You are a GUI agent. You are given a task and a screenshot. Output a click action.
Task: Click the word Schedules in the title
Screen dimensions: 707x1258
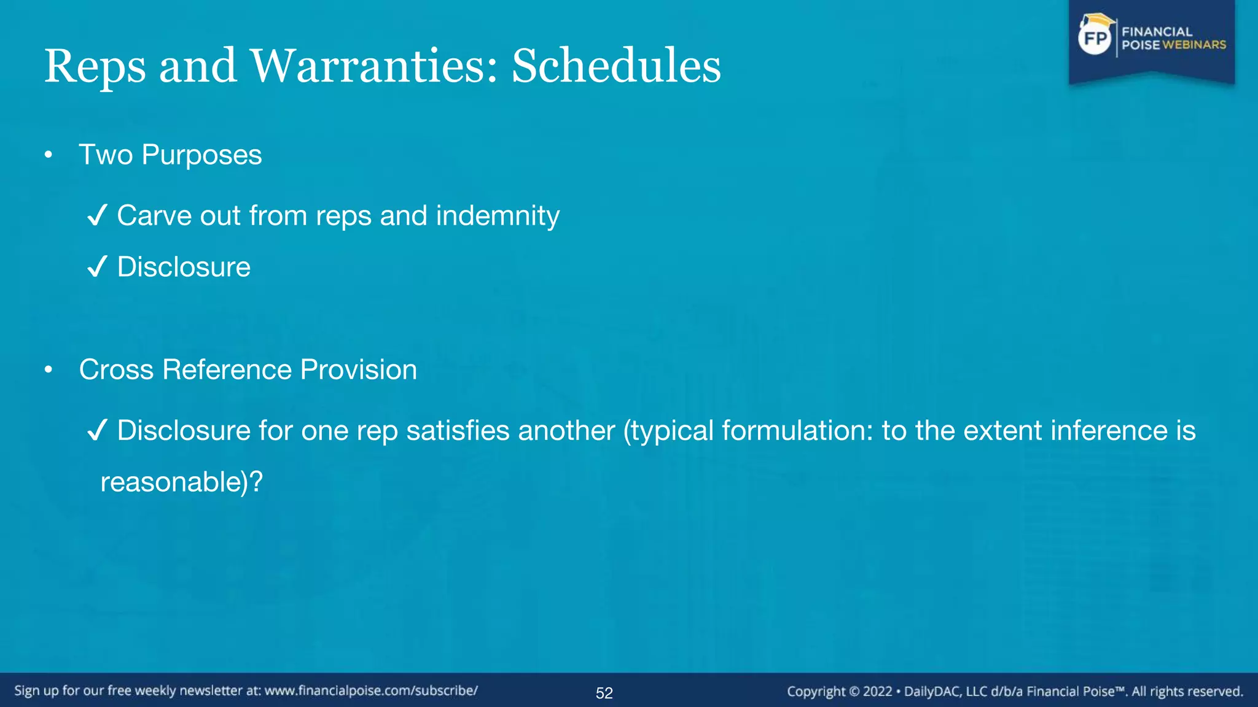coord(616,66)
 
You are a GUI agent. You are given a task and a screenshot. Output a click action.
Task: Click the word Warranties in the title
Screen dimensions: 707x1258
coord(373,66)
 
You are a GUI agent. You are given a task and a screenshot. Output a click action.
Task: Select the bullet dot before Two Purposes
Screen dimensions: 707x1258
coord(49,155)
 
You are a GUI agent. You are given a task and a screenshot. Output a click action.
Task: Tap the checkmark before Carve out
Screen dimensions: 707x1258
coord(97,216)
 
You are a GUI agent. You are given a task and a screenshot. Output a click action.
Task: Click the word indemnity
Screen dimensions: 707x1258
coord(498,216)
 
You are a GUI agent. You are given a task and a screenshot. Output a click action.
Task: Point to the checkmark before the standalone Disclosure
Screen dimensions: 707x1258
coord(97,267)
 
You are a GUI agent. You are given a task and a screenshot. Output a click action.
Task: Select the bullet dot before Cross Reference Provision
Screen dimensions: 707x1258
coord(49,370)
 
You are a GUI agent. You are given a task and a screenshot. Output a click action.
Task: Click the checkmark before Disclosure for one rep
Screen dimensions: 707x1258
coord(97,430)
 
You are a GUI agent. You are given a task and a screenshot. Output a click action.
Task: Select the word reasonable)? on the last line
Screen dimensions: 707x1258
coord(181,482)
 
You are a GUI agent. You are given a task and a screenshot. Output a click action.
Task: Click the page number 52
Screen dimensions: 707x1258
coord(604,693)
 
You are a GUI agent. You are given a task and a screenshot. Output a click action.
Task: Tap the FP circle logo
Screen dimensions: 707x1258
coord(1095,39)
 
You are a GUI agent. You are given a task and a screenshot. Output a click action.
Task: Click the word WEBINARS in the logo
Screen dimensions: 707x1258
coord(1194,45)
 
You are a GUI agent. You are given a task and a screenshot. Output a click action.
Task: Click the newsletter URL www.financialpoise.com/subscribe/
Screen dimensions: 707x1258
coord(371,690)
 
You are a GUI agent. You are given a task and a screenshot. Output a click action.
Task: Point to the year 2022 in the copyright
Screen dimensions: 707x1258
coord(877,692)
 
